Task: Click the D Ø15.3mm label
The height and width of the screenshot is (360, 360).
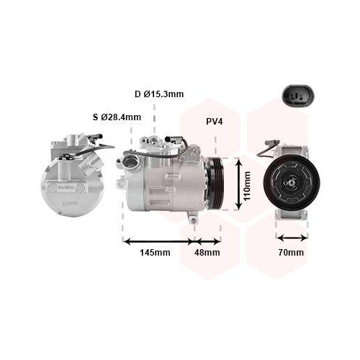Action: (x=159, y=94)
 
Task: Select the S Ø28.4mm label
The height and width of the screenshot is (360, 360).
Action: (x=117, y=117)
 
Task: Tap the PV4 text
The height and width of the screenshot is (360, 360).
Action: (x=214, y=122)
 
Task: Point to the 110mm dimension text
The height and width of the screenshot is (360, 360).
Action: (x=247, y=186)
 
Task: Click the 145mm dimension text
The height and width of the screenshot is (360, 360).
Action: (x=155, y=253)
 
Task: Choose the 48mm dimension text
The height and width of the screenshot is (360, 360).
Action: (x=209, y=253)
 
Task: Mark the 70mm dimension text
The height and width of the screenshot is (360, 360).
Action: (x=292, y=253)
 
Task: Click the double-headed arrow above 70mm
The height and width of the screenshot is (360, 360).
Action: (x=292, y=238)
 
